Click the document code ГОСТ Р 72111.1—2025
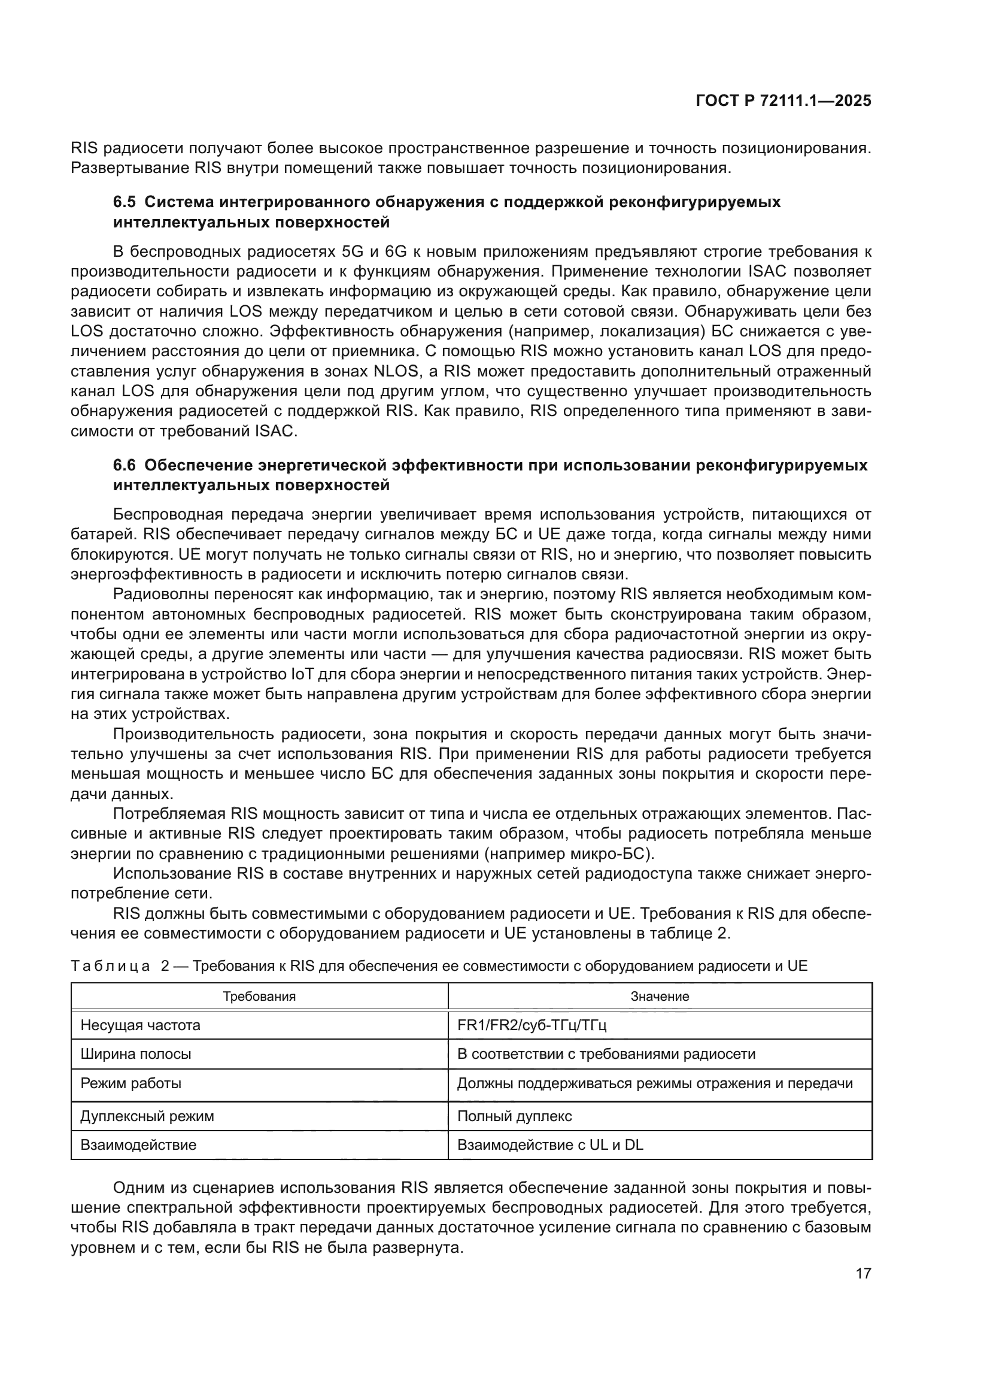coord(784,101)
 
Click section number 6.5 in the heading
coord(126,202)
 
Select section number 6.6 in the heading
coord(126,465)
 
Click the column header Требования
coord(259,997)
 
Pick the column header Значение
coord(660,997)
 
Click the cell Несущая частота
coord(140,1025)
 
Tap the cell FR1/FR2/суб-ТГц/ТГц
coord(532,1025)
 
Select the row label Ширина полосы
coord(135,1054)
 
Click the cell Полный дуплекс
coord(515,1116)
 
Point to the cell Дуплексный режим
coord(147,1116)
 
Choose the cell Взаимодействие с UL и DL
coord(550,1144)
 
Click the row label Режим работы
coord(130,1083)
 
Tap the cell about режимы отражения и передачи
coord(655,1083)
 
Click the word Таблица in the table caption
coord(110,966)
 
